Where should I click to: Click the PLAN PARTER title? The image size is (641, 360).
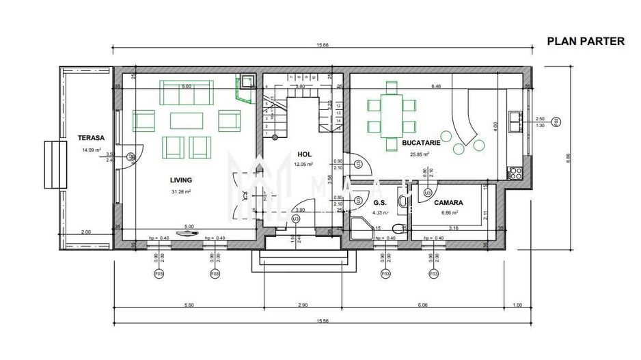pyautogui.click(x=586, y=41)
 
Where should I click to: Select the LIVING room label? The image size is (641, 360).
pyautogui.click(x=181, y=180)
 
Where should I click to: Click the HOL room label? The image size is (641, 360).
pyautogui.click(x=304, y=154)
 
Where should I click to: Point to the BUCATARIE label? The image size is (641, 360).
pyautogui.click(x=421, y=145)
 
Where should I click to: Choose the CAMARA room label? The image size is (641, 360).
pyautogui.click(x=448, y=203)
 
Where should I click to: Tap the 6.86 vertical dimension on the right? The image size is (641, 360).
pyautogui.click(x=568, y=156)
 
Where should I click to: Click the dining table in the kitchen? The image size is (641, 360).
pyautogui.click(x=392, y=115)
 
